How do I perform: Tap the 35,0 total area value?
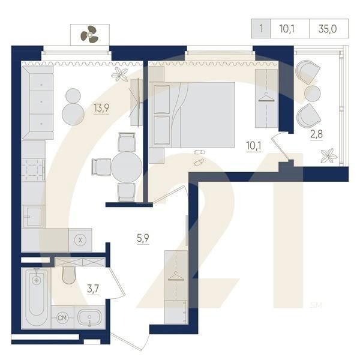pos(329,28)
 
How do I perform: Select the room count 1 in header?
pos(260,28)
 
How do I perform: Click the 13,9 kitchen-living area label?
pos(101,108)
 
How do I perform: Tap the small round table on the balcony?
pos(313,93)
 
